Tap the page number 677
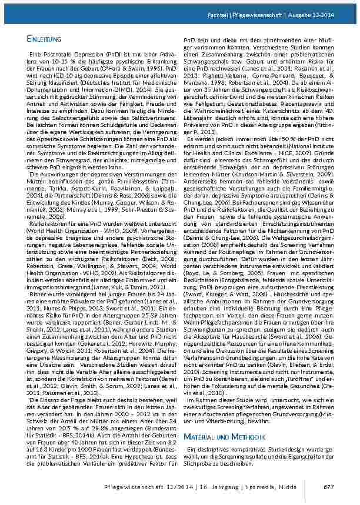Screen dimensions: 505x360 (x=329, y=486)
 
